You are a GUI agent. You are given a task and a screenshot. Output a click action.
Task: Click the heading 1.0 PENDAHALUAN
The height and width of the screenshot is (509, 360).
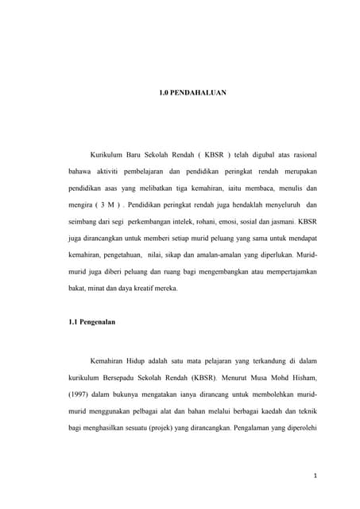point(193,93)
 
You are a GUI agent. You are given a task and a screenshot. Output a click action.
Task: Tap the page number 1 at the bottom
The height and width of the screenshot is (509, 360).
point(315,476)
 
